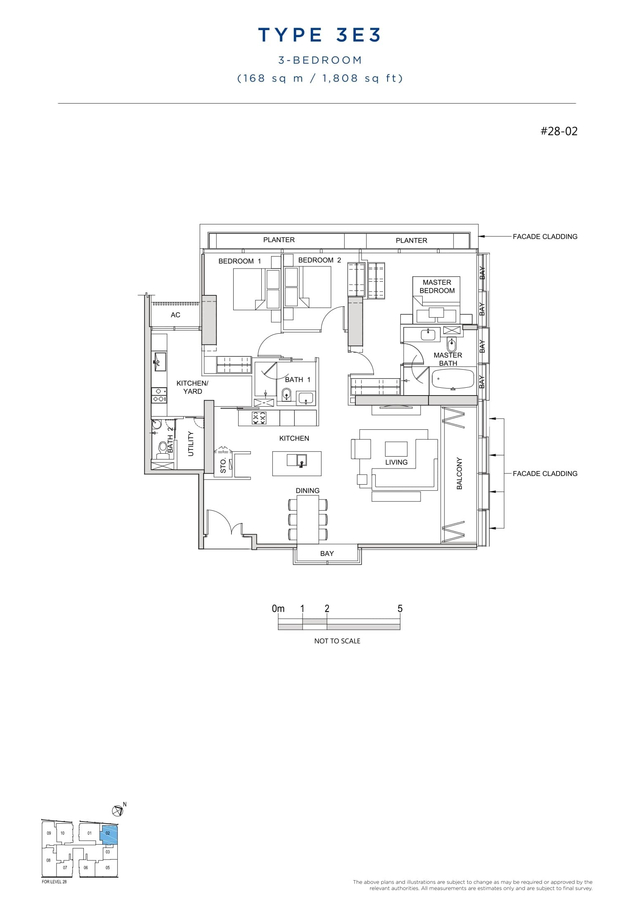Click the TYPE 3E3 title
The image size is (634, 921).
click(319, 35)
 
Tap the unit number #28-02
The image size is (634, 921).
click(559, 132)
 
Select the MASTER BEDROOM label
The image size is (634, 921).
click(437, 286)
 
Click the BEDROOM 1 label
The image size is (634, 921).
click(239, 261)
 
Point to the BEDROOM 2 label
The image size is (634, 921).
click(319, 260)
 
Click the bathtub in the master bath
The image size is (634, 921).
click(453, 379)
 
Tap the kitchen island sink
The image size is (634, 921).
click(301, 460)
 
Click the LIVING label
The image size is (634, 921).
click(396, 462)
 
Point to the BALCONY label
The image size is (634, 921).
click(459, 473)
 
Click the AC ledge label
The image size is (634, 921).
click(175, 315)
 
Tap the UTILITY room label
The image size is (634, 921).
click(191, 444)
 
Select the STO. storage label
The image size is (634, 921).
click(223, 466)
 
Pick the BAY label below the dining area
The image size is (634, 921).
click(326, 554)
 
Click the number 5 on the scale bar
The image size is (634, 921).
click(400, 609)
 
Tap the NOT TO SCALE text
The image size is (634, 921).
click(337, 641)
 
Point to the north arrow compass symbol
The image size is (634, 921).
click(118, 811)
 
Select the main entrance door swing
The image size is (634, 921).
click(223, 523)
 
